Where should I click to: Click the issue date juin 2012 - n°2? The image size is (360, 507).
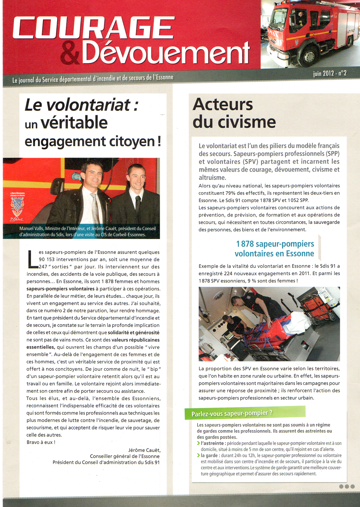(330, 73)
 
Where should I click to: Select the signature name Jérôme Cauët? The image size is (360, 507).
(144, 450)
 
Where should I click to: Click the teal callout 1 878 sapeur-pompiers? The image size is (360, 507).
(275, 249)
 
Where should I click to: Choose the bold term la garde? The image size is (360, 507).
(210, 456)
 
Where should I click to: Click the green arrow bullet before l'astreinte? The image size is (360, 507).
(199, 444)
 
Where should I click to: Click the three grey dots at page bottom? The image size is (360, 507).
(347, 487)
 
